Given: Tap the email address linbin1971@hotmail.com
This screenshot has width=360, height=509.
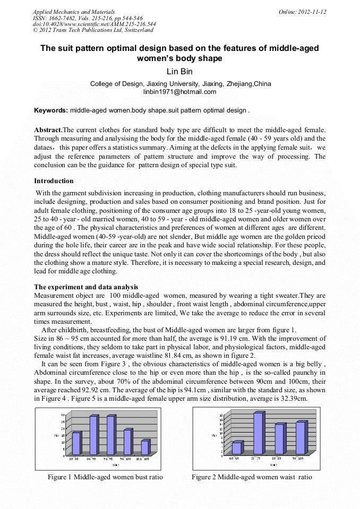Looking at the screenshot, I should [x=180, y=92].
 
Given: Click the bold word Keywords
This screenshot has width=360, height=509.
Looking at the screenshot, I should [x=50, y=110].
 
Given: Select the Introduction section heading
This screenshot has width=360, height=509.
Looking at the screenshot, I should [x=54, y=181].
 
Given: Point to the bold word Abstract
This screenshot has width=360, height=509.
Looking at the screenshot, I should [x=48, y=130].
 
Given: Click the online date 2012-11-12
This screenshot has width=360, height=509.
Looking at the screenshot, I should [x=312, y=12].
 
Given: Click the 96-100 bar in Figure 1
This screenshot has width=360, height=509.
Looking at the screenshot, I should [x=127, y=442].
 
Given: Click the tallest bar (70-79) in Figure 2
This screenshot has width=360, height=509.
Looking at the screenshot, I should [x=258, y=433].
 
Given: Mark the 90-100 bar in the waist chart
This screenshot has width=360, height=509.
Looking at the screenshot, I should [x=301, y=437].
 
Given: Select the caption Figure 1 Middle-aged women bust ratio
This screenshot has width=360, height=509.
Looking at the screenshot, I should [x=105, y=477].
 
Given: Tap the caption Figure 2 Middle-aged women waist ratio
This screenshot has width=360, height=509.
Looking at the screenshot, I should [x=252, y=477].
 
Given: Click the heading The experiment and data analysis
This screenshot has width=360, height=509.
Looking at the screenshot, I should [x=86, y=287].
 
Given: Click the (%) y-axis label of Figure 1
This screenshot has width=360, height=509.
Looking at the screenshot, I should [x=56, y=435].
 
